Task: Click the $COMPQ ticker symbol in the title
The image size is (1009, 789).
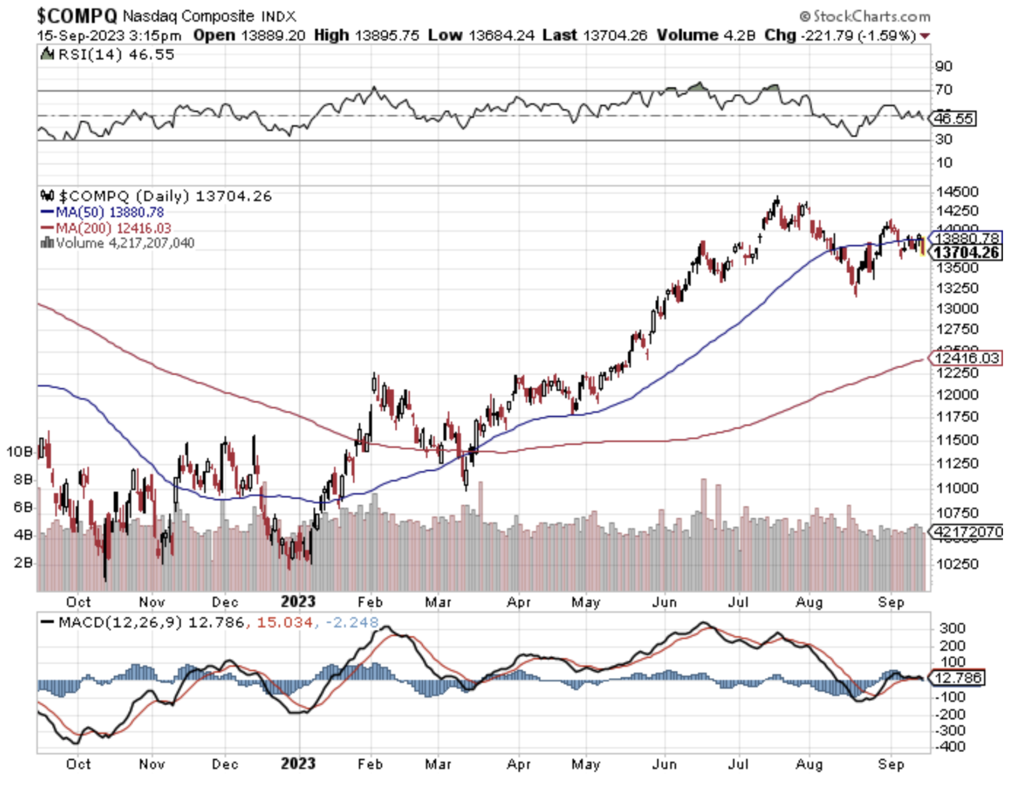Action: (x=76, y=16)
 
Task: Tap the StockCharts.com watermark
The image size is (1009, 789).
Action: (x=866, y=16)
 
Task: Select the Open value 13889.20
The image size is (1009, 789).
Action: (x=273, y=36)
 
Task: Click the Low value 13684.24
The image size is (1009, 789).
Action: (x=501, y=36)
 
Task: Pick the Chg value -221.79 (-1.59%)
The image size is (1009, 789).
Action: (x=858, y=36)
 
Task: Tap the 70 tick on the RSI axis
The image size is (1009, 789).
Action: (x=943, y=89)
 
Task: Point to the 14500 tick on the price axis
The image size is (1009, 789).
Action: (x=957, y=192)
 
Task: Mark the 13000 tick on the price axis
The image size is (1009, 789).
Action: (x=957, y=309)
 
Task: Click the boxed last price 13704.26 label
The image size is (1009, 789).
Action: (x=966, y=252)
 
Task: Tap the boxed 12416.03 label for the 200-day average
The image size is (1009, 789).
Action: (x=966, y=358)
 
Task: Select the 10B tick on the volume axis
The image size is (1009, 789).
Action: (x=19, y=452)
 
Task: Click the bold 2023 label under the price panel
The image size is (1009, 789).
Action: (x=298, y=601)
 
